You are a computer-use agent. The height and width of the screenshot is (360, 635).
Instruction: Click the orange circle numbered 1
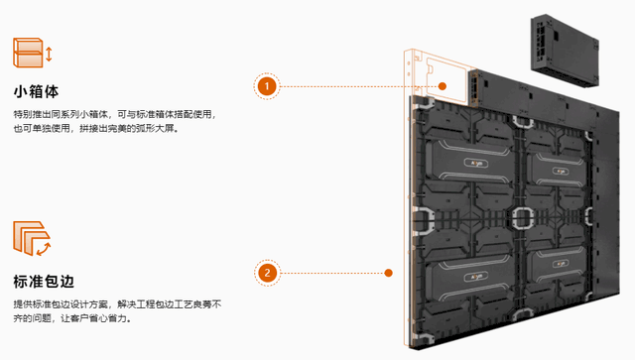point(267,86)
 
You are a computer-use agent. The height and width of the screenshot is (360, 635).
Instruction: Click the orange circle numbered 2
point(267,273)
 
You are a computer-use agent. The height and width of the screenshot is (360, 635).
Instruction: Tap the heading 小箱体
point(36,91)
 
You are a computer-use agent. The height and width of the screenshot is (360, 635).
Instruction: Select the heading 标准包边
point(44,282)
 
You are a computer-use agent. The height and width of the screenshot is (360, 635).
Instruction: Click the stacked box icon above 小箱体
point(28,53)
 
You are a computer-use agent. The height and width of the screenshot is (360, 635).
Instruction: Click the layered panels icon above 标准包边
point(29,237)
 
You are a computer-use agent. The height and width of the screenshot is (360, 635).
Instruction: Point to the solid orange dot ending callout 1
point(443,86)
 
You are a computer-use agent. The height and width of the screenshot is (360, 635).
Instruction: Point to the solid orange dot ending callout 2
point(388,273)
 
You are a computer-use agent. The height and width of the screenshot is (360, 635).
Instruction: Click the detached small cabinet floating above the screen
point(565,51)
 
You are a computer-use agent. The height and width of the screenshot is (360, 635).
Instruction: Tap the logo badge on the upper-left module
point(476,164)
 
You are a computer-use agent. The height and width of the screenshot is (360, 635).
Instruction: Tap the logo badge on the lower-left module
point(476,277)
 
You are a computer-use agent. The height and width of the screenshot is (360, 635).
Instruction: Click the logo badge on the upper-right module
point(560,172)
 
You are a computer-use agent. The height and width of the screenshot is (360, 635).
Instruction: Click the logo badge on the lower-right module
point(560,264)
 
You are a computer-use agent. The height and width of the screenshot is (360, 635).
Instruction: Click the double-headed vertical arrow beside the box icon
point(49,55)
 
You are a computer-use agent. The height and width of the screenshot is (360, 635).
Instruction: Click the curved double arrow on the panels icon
point(44,249)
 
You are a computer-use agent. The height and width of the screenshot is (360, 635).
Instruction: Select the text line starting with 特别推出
point(115,114)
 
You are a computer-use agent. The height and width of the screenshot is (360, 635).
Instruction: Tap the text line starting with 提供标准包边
point(117,304)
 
